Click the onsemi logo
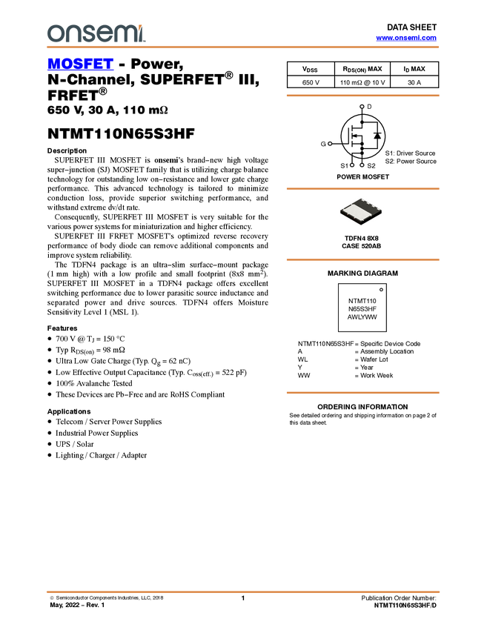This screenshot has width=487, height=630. (96, 33)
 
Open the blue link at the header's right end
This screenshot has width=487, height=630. (406, 38)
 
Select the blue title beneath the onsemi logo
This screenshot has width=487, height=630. (80, 64)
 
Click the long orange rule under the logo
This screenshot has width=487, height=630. (243, 47)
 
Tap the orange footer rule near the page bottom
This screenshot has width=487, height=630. (243, 591)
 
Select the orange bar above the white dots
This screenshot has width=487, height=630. (362, 96)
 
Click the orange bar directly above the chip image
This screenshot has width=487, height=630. (362, 189)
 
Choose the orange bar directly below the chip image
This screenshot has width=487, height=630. (362, 260)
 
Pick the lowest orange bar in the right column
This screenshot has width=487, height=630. (362, 393)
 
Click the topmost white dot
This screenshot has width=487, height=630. (362, 107)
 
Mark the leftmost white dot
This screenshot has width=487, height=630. (330, 143)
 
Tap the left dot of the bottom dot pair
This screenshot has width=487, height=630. (351, 164)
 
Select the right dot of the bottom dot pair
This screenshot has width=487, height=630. (362, 165)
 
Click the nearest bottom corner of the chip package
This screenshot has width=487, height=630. (360, 225)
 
